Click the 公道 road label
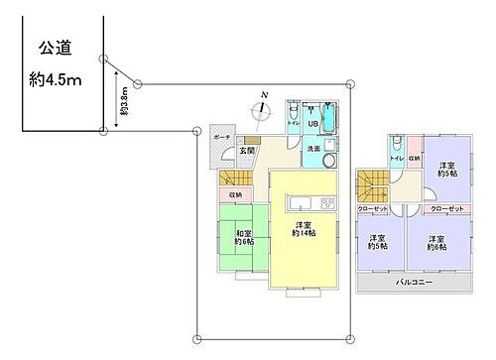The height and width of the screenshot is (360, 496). pyautogui.click(x=54, y=47)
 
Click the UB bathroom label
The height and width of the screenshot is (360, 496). pyautogui.click(x=310, y=124)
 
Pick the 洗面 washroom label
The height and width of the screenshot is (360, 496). pyautogui.click(x=312, y=150)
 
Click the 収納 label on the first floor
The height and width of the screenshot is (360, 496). pyautogui.click(x=235, y=195)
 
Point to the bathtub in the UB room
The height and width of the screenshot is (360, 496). pyautogui.click(x=331, y=123)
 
